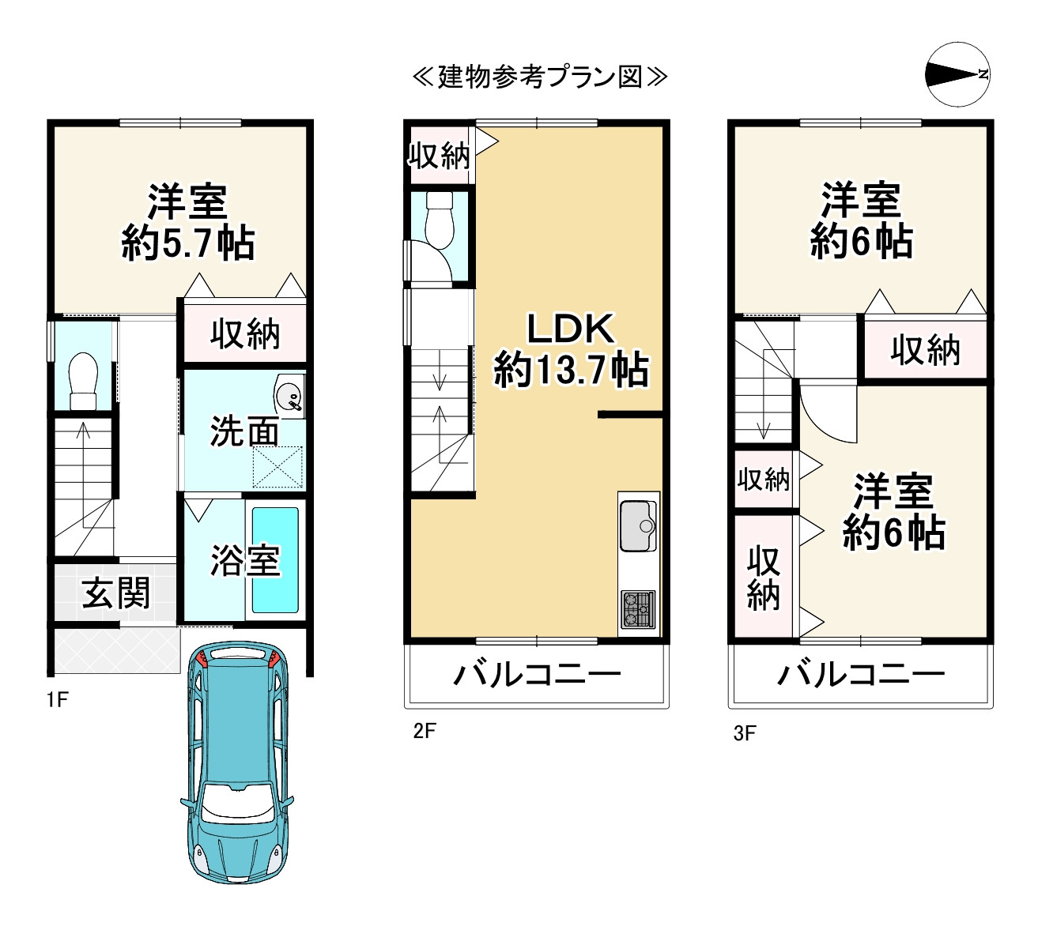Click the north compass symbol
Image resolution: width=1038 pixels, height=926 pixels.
957,74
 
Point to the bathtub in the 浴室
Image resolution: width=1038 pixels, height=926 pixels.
275,559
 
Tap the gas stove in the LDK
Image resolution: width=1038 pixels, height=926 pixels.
639,609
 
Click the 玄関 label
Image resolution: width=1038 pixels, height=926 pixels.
116,593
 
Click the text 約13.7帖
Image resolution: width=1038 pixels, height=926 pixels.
571,369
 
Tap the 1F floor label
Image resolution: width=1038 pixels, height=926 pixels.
57,699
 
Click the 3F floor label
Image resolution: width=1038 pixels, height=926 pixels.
744,733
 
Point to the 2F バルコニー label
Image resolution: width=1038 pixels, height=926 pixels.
537,675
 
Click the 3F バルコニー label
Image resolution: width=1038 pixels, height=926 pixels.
861,675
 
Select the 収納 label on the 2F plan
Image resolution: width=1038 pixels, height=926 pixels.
439,156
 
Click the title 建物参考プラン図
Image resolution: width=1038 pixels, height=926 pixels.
540,77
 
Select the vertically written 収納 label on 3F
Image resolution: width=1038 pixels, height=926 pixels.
763,578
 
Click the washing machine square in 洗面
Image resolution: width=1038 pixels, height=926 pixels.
277,466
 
